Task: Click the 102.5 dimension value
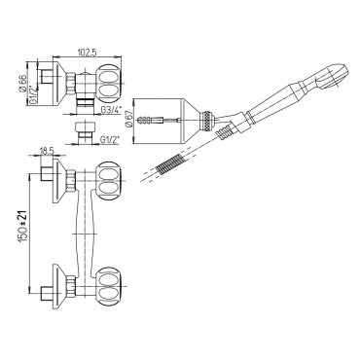tap(87, 53)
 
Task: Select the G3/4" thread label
tap(111, 110)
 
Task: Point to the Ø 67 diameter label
tap(128, 121)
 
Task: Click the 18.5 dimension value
tap(47, 151)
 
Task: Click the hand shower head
tap(334, 76)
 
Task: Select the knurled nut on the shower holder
tap(207, 121)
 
